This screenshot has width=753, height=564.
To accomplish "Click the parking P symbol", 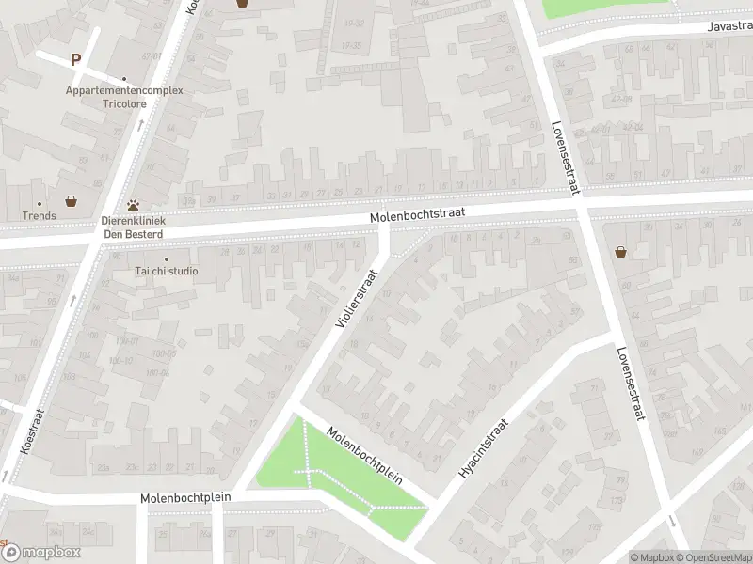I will click(75, 59).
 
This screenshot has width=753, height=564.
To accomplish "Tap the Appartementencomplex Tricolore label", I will click(124, 97).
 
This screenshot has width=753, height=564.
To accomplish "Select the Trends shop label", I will click(40, 215).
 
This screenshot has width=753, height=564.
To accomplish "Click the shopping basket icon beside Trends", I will click(71, 200).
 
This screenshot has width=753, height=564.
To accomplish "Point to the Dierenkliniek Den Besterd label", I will click(133, 227).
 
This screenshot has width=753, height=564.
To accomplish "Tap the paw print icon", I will click(134, 203).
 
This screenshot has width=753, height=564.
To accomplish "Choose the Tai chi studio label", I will click(166, 271).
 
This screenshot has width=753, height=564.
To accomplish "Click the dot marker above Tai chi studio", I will click(167, 258).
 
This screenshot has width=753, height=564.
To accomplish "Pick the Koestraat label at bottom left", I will click(25, 431).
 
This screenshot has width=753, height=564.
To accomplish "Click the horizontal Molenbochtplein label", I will click(184, 497).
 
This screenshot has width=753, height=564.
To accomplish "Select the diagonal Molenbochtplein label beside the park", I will click(364, 456).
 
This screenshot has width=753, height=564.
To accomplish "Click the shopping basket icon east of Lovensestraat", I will click(620, 251).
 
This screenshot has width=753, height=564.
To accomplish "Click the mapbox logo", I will click(41, 552).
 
